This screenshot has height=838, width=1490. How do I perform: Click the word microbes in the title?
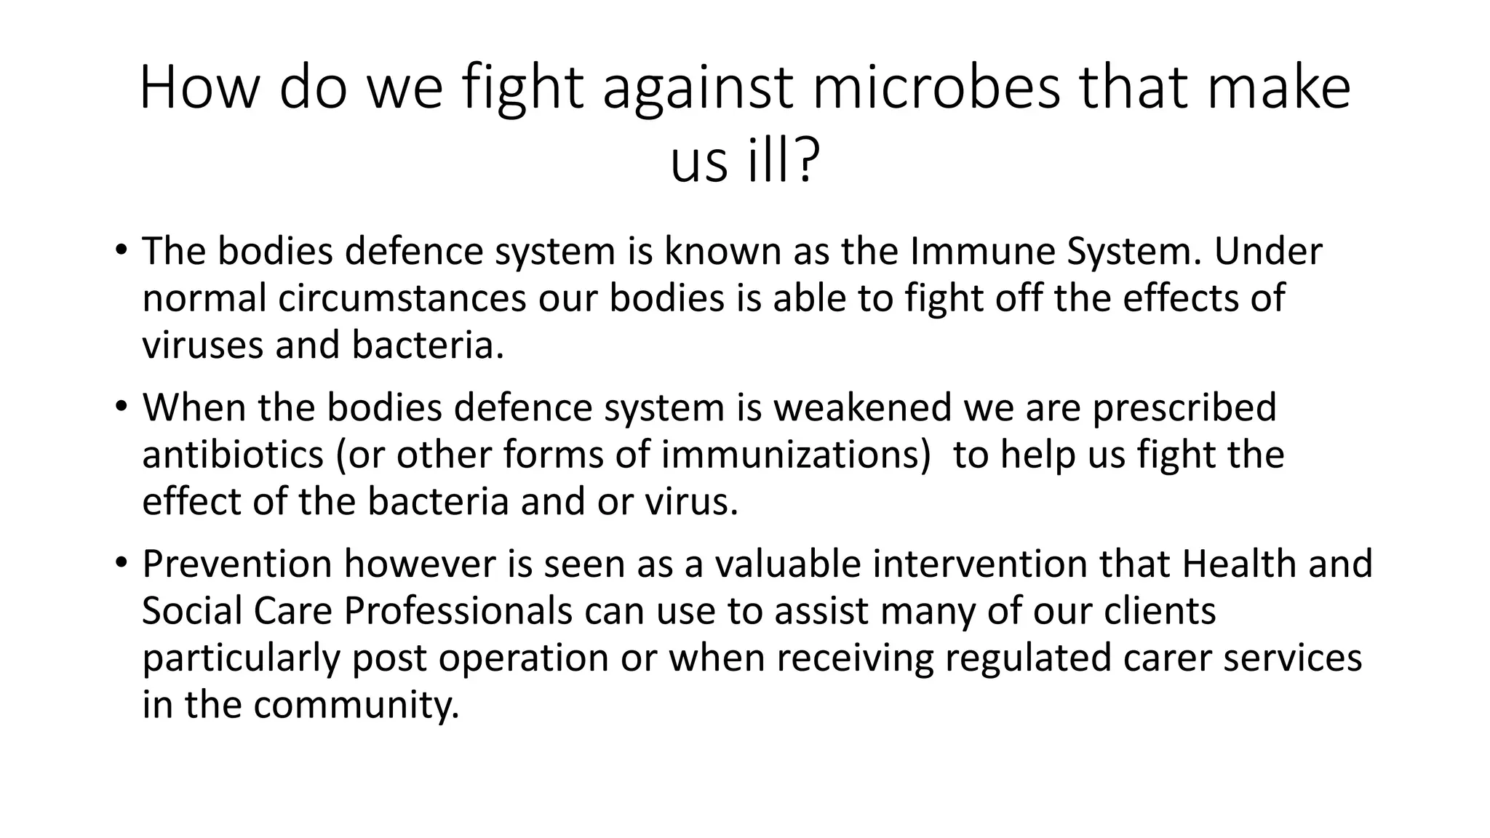(936, 89)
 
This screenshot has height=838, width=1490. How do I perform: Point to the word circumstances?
(402, 298)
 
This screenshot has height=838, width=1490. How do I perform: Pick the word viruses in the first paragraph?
(202, 345)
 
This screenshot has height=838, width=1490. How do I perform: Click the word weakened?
(862, 407)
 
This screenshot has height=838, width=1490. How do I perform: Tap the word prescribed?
(1184, 407)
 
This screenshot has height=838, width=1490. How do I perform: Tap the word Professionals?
(458, 610)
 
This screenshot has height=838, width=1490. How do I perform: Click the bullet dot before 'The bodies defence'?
(121, 252)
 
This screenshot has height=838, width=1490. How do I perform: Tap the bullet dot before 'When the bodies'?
(121, 407)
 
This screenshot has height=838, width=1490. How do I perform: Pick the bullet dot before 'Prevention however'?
(121, 564)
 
